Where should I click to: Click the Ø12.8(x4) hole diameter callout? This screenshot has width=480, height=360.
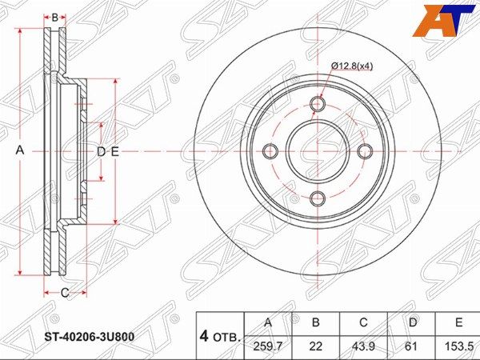(352, 66)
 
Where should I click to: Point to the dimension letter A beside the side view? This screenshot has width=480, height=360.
(20, 150)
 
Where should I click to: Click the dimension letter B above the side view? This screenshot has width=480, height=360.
(54, 18)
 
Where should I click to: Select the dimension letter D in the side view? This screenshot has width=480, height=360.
(101, 151)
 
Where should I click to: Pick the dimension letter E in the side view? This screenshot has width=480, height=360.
(114, 151)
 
